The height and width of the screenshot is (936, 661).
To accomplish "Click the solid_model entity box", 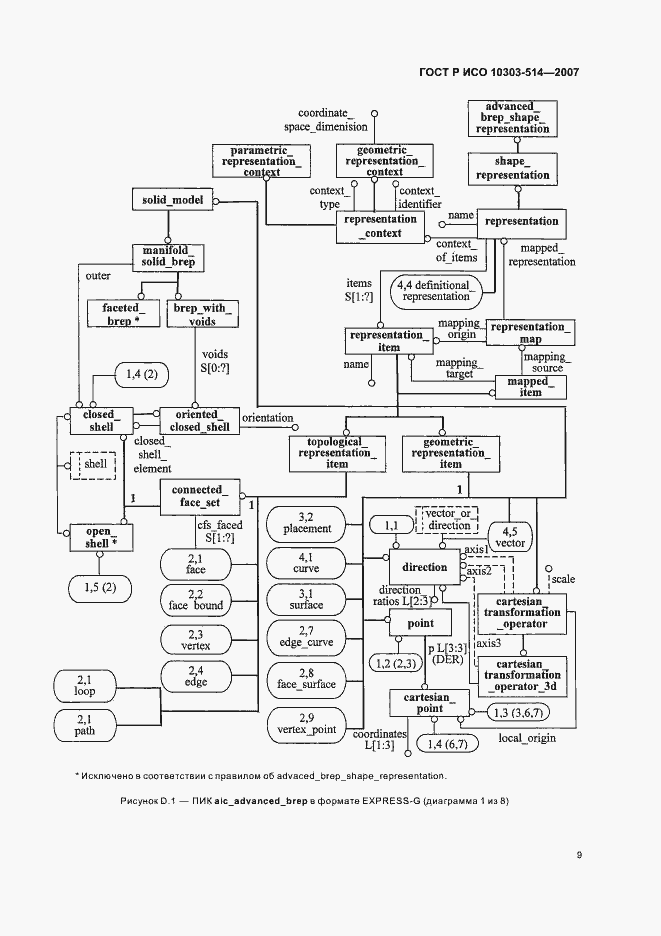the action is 172,199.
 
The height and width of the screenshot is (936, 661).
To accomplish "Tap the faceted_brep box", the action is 124,314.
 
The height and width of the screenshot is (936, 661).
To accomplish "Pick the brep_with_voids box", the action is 202,314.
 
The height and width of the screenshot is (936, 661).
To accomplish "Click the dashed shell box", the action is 93,464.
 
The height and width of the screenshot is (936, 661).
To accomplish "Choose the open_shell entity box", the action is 101,538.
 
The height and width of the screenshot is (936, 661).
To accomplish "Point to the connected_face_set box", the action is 200,497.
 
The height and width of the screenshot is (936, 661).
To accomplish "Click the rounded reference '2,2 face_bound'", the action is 196,600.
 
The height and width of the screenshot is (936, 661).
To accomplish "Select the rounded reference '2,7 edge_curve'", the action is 306,637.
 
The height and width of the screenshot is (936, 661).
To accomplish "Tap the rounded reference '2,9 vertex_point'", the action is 306,724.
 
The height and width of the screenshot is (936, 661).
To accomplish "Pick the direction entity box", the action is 425,567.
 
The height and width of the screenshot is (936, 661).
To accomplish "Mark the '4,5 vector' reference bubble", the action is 510,537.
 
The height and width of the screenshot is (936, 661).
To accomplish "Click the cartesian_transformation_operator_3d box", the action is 522,675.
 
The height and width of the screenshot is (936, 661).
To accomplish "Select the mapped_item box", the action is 530,387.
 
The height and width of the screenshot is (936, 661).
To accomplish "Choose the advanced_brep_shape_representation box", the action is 512,118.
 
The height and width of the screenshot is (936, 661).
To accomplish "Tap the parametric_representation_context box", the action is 262,161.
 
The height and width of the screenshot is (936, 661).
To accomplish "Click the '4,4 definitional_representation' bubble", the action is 436,291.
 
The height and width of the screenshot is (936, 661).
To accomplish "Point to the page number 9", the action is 579,855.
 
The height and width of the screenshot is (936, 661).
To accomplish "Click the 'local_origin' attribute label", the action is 527,738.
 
